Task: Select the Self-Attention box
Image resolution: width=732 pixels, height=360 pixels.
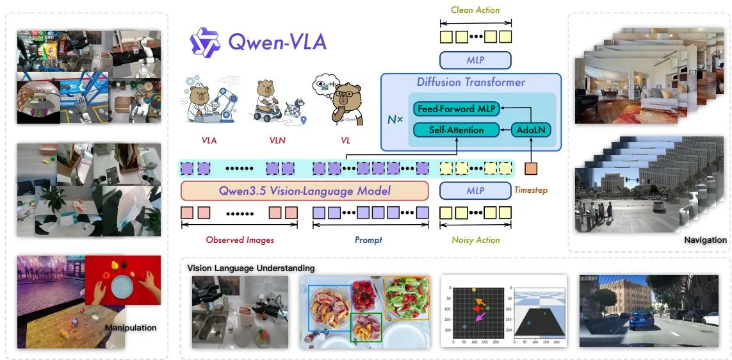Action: click(457, 129)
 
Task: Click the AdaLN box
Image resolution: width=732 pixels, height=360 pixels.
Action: click(532, 129)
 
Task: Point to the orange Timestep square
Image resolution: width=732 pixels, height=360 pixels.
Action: click(532, 168)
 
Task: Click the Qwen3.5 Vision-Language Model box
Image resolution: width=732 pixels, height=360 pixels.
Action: click(304, 190)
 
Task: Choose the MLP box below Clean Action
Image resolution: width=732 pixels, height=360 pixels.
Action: click(475, 60)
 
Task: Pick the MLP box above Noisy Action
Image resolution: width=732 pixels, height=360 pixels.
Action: click(475, 190)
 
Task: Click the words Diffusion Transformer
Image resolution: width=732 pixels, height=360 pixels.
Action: click(471, 83)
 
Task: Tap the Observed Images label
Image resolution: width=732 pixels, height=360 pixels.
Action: click(240, 240)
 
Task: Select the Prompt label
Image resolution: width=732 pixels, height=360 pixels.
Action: click(368, 240)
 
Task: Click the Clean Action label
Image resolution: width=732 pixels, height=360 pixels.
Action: click(475, 10)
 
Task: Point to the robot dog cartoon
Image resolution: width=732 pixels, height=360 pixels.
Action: click(294, 110)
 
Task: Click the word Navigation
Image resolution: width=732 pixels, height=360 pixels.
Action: click(705, 240)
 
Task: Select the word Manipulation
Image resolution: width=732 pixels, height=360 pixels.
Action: click(130, 327)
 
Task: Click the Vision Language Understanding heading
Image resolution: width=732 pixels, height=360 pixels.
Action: click(250, 268)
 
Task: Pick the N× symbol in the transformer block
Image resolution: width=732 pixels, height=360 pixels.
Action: click(395, 120)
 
